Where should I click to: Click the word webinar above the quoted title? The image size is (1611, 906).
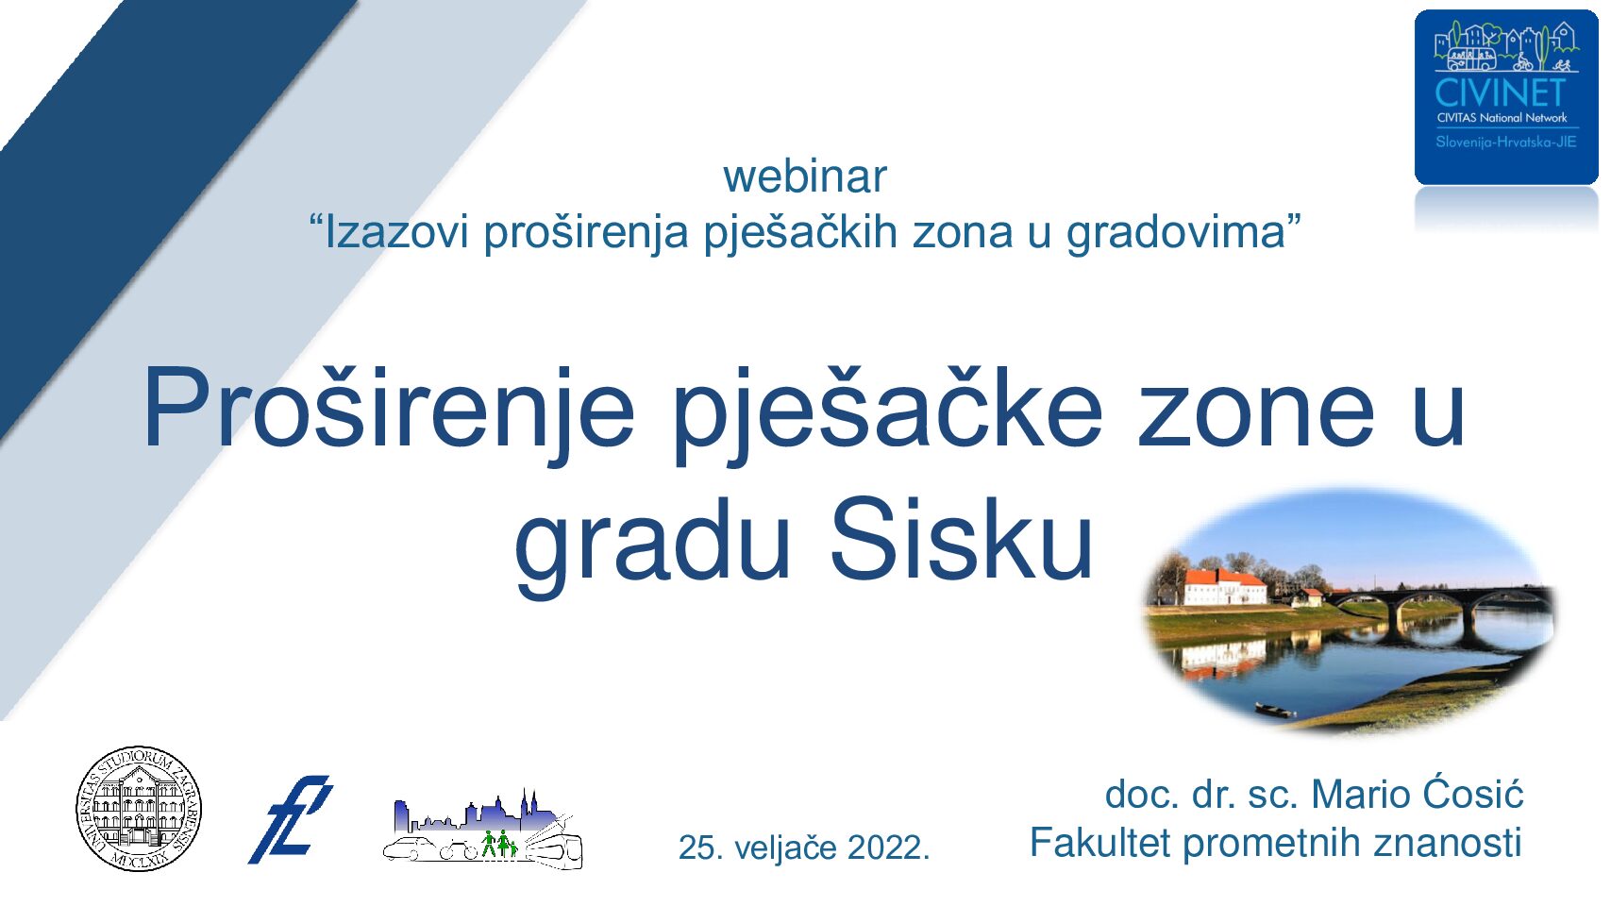(x=805, y=176)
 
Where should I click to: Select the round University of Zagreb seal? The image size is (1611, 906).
(x=139, y=808)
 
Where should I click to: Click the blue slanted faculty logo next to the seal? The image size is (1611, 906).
(x=291, y=819)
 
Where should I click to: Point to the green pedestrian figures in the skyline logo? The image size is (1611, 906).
(x=500, y=844)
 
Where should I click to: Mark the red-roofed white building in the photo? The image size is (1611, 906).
(x=1224, y=587)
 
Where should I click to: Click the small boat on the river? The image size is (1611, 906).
(x=1275, y=711)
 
